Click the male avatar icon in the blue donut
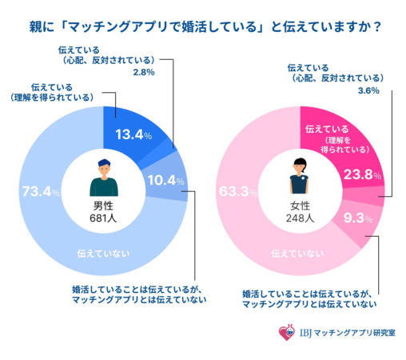[103, 177]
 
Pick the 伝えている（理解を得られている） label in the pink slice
[338, 138]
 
